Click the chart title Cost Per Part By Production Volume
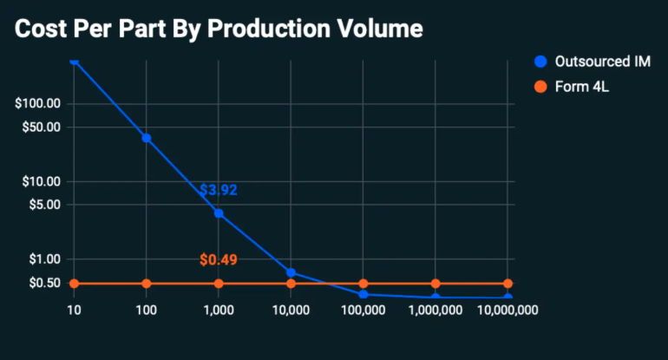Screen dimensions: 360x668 [x=219, y=29]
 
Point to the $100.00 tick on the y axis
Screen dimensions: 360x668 [x=38, y=103]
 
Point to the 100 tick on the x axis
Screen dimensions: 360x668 [x=147, y=309]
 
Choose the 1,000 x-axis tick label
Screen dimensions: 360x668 [x=219, y=309]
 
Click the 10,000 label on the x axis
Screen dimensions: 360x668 [x=291, y=309]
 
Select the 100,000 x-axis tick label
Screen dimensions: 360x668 [x=363, y=309]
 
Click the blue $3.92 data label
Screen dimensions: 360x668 [x=219, y=190]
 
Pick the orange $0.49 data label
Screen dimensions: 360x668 [x=219, y=259]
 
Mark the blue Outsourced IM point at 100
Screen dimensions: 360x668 [x=147, y=138]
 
